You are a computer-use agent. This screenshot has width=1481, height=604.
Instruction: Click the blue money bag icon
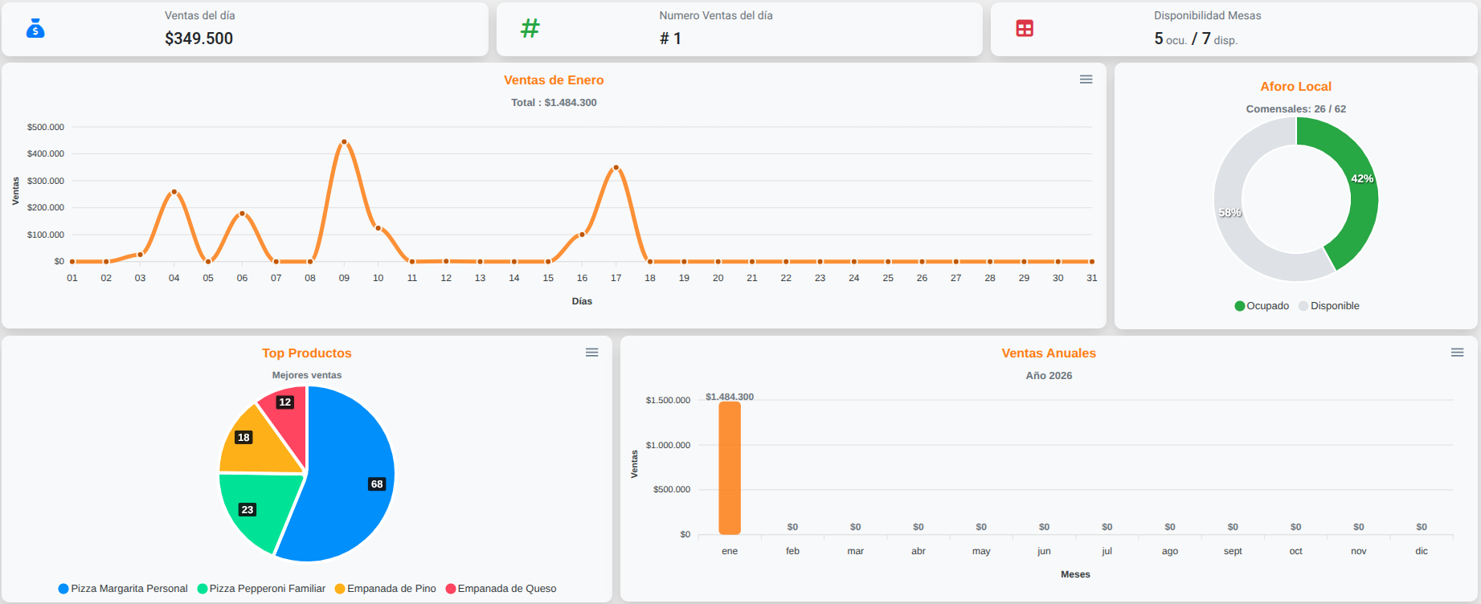[35, 29]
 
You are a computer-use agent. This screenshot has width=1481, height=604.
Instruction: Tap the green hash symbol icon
[530, 29]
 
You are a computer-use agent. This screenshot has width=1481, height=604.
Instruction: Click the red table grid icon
[1025, 29]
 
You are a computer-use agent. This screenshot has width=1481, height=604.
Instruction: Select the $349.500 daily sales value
[198, 39]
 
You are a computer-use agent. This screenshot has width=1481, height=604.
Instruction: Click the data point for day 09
[344, 142]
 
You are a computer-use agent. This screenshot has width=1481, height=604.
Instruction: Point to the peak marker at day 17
[616, 168]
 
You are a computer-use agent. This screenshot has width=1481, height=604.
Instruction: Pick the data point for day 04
[174, 192]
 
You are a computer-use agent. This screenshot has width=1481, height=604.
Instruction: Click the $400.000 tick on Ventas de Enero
[46, 153]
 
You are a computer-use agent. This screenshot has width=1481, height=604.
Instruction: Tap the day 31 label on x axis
[1091, 278]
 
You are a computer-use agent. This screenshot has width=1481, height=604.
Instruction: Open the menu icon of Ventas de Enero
[1086, 80]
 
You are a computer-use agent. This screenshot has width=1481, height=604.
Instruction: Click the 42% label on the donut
[1361, 178]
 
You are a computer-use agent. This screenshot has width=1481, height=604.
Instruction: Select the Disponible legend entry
[1329, 306]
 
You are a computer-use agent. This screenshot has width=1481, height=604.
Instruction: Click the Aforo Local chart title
[1295, 87]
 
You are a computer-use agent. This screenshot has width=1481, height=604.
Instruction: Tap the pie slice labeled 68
[354, 482]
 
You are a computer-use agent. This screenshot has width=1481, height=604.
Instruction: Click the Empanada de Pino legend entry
[386, 589]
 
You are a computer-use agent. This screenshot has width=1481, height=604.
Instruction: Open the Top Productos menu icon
[592, 353]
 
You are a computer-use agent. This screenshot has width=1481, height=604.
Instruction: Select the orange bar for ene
[730, 468]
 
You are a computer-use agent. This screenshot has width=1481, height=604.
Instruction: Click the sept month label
[1233, 551]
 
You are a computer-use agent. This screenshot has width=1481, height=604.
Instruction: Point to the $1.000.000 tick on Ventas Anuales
[668, 445]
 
